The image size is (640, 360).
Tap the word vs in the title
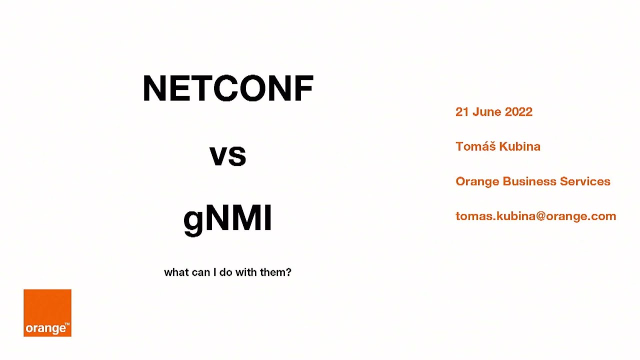tap(228, 156)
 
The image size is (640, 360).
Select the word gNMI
tap(228, 219)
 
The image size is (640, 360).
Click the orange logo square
tap(47, 312)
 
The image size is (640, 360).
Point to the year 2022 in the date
tap(518, 112)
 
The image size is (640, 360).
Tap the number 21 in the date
tap(461, 112)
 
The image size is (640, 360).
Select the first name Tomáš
tap(475, 146)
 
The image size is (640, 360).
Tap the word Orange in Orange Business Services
tap(477, 181)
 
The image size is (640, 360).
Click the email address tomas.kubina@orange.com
tap(535, 216)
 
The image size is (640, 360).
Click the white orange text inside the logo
tap(46, 328)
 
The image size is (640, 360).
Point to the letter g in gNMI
tap(193, 221)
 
